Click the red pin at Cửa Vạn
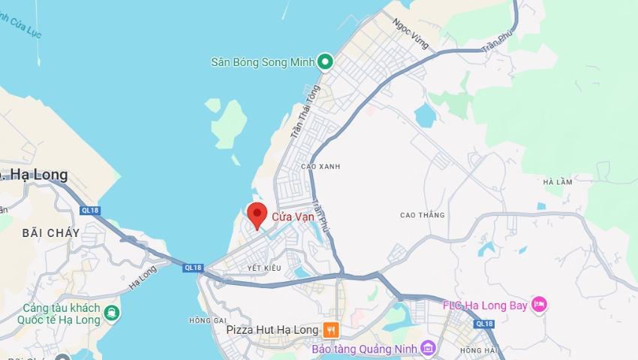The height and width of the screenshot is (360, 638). (257, 214)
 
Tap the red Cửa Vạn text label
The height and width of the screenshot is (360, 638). (293, 217)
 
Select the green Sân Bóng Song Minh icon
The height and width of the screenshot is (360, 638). (325, 61)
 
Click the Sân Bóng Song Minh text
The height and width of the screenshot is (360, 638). (262, 61)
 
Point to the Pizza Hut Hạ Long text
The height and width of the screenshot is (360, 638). (272, 330)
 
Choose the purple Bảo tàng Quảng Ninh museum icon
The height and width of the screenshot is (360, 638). (428, 348)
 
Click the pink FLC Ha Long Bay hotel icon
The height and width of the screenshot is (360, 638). (539, 304)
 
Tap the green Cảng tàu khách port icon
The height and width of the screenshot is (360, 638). (111, 313)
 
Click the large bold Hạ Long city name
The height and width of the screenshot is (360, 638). (38, 175)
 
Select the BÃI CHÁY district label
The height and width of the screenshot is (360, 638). (51, 233)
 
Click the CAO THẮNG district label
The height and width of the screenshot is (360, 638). (423, 215)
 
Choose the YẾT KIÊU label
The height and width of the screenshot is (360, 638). (263, 268)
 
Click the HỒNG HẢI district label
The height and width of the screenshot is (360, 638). (478, 350)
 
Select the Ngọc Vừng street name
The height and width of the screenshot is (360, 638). (411, 34)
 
